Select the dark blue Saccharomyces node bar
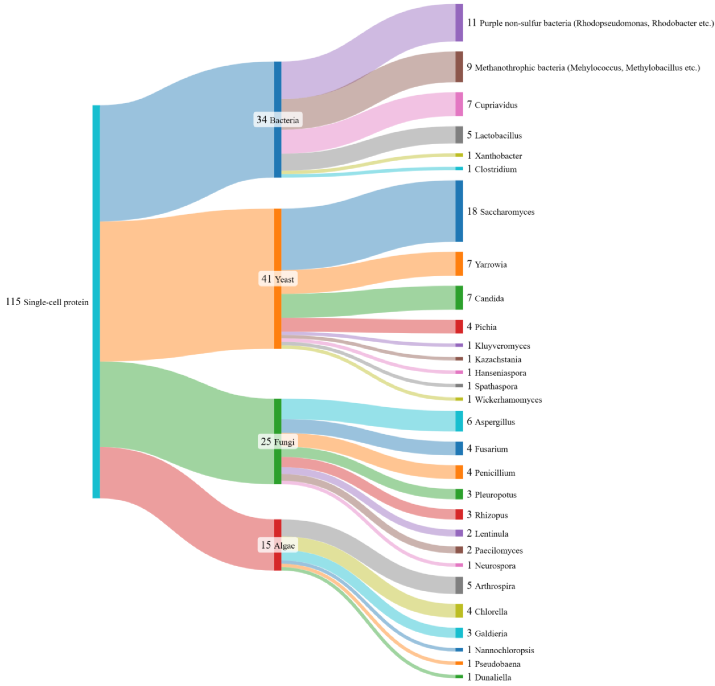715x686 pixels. point(459,211)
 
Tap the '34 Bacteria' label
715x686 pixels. point(278,120)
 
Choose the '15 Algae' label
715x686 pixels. point(278,545)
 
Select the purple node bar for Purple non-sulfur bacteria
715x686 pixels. point(459,23)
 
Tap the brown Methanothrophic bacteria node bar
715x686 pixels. point(459,67)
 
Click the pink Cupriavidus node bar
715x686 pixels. point(459,104)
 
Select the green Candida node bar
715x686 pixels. point(459,298)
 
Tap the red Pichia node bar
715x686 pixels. point(459,327)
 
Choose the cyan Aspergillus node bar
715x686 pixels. point(459,421)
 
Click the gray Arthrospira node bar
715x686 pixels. point(459,585)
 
